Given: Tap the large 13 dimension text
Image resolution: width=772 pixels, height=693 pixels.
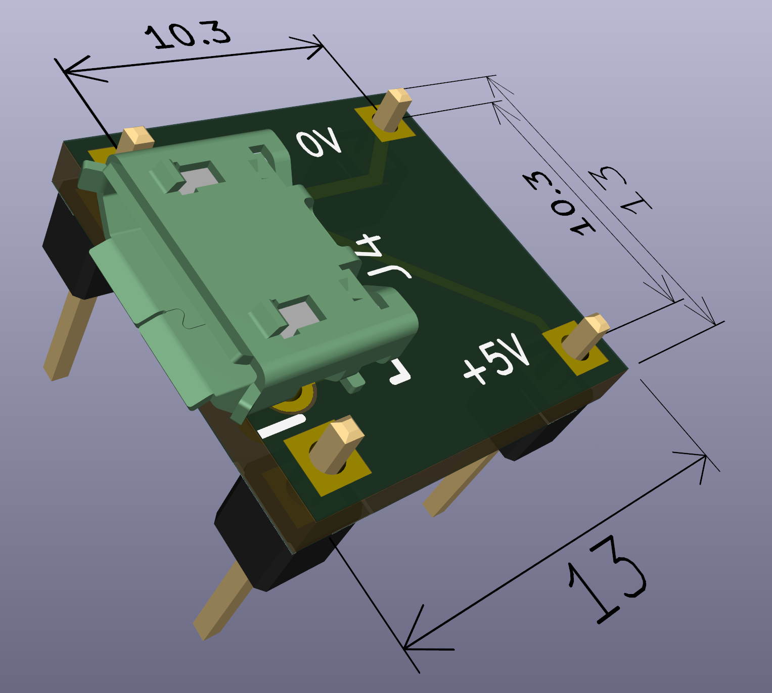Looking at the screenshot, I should (x=607, y=581).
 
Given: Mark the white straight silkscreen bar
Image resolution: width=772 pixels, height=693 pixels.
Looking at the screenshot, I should (x=281, y=426).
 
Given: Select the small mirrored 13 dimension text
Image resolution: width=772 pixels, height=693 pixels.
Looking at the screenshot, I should (x=619, y=189).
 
